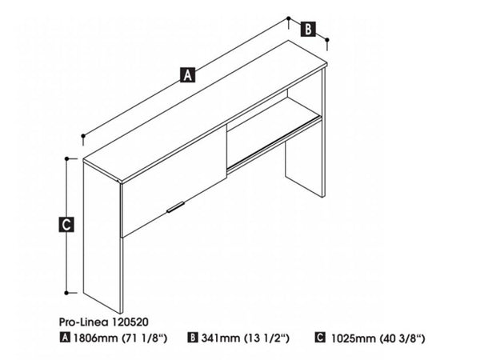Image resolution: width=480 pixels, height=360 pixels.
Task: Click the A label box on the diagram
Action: pos(187,75)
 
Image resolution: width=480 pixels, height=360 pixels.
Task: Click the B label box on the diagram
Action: pos(308,29)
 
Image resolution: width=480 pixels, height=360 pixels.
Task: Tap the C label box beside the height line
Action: pos(66,224)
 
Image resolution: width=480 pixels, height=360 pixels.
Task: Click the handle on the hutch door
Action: pos(175,206)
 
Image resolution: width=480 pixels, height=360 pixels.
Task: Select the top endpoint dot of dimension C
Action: pos(66,158)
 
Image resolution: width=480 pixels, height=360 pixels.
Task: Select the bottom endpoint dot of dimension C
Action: pos(66,293)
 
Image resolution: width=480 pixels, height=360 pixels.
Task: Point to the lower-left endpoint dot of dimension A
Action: pos(83,136)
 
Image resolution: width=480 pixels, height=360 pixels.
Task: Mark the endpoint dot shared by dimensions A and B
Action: pos(288,18)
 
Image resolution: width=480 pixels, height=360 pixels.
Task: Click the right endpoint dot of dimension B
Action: pos(327,40)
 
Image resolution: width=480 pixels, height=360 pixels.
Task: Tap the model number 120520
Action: pos(130,322)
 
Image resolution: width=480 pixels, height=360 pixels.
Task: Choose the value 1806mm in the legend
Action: pos(95,338)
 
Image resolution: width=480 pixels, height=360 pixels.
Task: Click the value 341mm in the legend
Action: pos(221,338)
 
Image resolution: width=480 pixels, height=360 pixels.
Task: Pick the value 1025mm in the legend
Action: pos(354,338)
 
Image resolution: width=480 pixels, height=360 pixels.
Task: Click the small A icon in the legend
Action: pos(65,338)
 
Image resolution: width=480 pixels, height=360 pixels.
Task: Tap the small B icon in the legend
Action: pos(193,338)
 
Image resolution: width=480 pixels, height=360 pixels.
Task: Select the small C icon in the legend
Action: pos(320,338)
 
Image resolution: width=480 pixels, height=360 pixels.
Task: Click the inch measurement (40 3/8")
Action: pos(402,338)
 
